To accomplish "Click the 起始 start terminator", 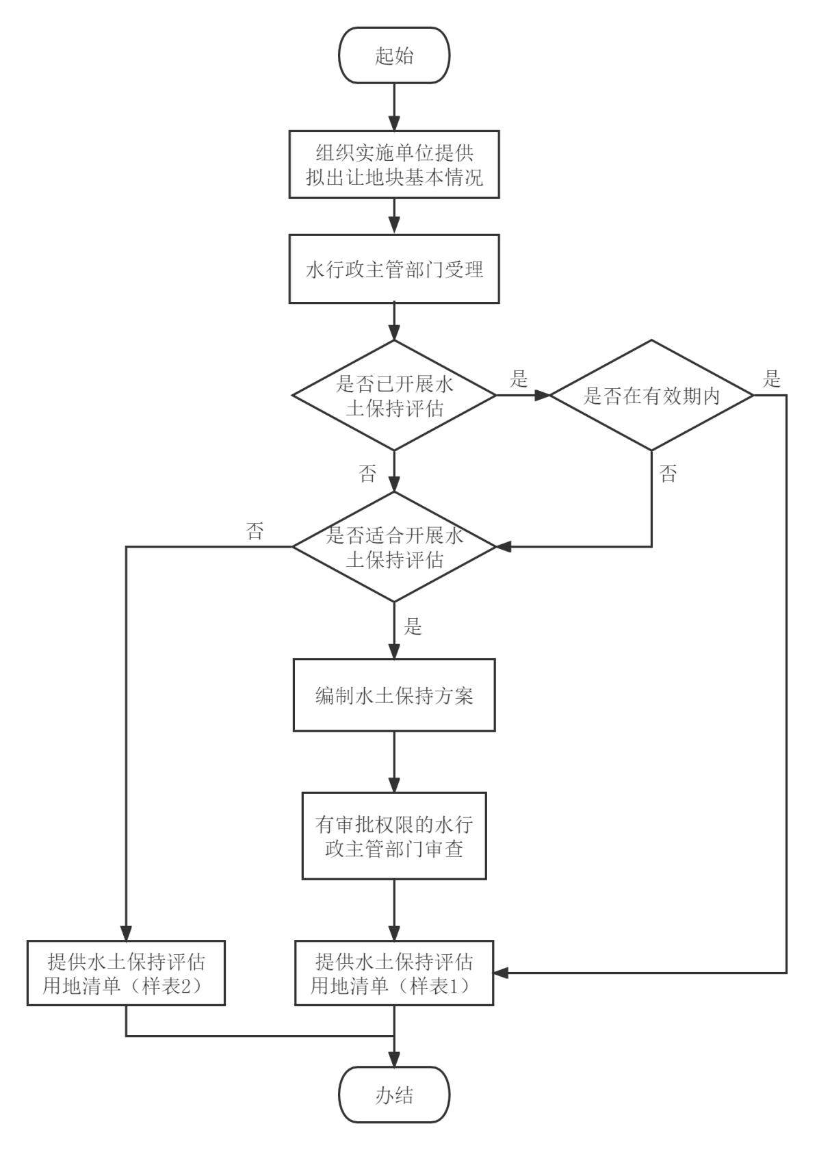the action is tap(394, 55).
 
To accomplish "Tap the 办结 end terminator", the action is tap(394, 1095).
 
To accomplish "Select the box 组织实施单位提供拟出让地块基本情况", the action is tap(394, 164).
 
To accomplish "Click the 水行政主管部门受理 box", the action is tap(394, 269).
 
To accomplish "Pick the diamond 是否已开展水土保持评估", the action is tap(394, 396).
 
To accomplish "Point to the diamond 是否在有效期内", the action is tap(651, 396).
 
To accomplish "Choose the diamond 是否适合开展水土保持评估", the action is tap(394, 547).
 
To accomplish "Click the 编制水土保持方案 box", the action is tap(394, 695).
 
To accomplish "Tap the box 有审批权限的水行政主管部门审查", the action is tap(394, 836).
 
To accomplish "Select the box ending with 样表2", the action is tap(126, 973).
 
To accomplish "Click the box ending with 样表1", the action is tap(394, 973).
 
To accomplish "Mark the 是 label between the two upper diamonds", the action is tap(519, 379).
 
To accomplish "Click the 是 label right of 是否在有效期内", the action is tap(772, 379).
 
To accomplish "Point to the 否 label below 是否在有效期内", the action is tap(668, 474).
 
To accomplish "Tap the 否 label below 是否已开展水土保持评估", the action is tap(367, 474).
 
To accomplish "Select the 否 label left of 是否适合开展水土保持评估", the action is tap(255, 531).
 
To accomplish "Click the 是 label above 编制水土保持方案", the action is tap(413, 627).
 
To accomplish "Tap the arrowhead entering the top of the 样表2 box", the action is tap(126, 933).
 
